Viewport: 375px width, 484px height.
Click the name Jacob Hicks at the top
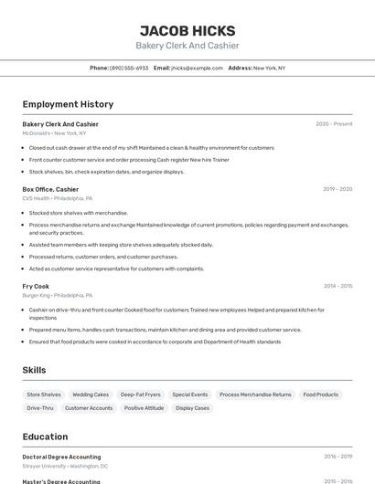click(x=187, y=30)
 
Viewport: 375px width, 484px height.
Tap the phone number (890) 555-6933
click(x=128, y=68)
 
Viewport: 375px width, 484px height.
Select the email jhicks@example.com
click(x=197, y=68)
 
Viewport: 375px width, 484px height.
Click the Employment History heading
click(x=68, y=104)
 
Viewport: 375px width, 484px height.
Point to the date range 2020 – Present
click(x=334, y=124)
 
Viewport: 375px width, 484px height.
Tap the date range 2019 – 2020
click(x=337, y=189)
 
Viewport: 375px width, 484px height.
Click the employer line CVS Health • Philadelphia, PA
click(x=57, y=198)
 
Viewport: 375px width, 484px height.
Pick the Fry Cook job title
click(x=36, y=286)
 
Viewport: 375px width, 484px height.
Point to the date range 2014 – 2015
click(x=337, y=286)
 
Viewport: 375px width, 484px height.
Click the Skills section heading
click(x=35, y=370)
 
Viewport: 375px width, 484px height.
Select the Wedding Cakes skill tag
click(x=91, y=395)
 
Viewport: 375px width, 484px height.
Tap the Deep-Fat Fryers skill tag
click(x=140, y=395)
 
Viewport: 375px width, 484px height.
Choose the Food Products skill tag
click(x=321, y=395)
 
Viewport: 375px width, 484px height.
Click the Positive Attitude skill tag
click(x=145, y=408)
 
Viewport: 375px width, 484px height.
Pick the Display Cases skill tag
click(x=192, y=408)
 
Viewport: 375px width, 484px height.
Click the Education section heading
click(x=45, y=437)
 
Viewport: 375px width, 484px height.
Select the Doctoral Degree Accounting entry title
click(x=61, y=457)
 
